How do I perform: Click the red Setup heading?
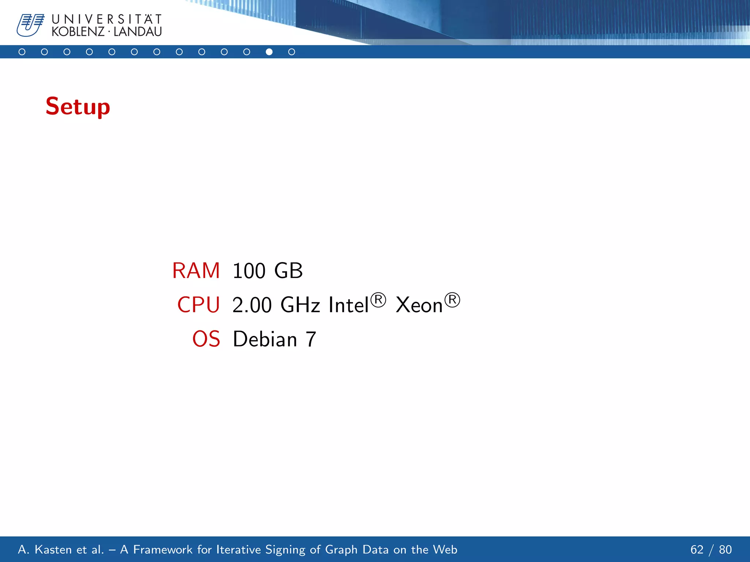point(78,106)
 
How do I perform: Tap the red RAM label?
point(196,271)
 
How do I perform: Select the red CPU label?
point(198,305)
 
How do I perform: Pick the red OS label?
point(206,339)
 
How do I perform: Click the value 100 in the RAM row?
point(249,271)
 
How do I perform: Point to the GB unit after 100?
point(289,271)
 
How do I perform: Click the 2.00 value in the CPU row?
point(252,305)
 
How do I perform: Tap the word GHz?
point(300,305)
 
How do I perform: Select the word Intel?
point(348,304)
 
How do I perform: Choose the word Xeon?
point(419,305)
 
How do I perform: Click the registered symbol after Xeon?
point(452,300)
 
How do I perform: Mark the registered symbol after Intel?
point(378,300)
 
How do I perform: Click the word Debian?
point(265,339)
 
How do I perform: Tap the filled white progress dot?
point(269,52)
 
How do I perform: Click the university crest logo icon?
point(30,25)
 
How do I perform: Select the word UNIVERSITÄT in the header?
point(107,19)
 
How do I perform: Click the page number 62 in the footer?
point(697,550)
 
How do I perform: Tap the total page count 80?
point(725,550)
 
